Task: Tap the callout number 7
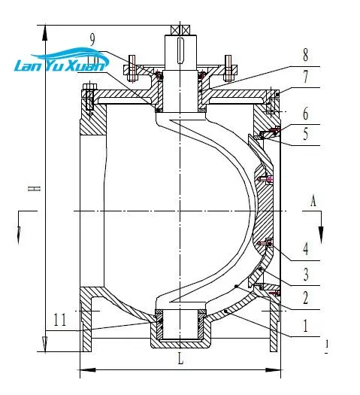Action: tap(306, 76)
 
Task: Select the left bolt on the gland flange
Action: tap(133, 68)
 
